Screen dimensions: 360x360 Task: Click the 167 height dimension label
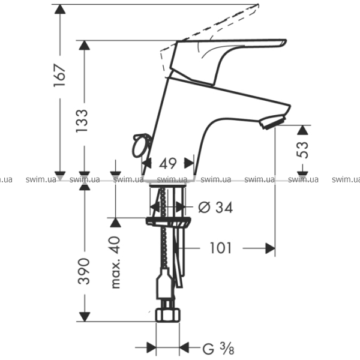pos(59,76)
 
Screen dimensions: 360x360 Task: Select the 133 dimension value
pos(82,121)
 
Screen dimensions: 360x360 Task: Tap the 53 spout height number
pos(302,150)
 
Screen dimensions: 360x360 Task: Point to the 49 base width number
pos(168,163)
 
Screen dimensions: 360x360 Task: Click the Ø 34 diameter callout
pos(215,208)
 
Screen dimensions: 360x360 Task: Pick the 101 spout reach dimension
pos(221,248)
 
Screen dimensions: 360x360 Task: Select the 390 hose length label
pos(83,271)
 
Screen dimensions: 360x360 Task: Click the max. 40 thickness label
pos(115,262)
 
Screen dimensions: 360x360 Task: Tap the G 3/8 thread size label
pos(218,348)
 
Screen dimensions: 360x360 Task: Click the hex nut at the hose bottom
pos(168,315)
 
